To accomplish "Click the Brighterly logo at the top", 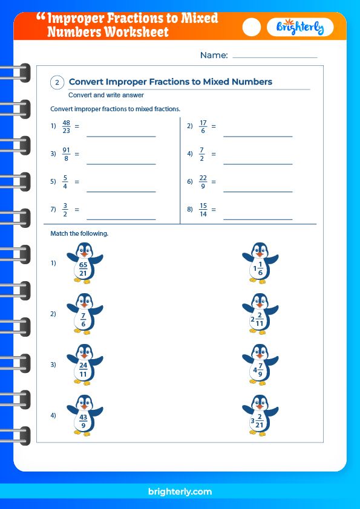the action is click(300, 27).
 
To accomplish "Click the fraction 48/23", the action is click(67, 126).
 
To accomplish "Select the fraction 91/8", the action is click(66, 154).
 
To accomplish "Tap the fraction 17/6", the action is click(203, 126).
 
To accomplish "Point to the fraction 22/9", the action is click(203, 181).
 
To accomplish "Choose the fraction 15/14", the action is click(203, 209).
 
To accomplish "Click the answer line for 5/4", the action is click(121, 191).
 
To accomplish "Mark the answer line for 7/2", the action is click(258, 163).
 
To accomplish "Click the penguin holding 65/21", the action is click(84, 263).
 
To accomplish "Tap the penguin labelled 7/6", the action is click(84, 314).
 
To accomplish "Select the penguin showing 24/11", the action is click(84, 365).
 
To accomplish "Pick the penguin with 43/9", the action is click(84, 415).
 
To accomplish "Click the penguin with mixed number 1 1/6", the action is click(260, 263).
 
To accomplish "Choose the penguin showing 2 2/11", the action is click(260, 314).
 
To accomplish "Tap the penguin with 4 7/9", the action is click(260, 365).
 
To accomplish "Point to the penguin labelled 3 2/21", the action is click(260, 415).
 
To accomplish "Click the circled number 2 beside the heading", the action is click(57, 83).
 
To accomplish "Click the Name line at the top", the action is click(275, 57).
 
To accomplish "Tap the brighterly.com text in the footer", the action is click(180, 492).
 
